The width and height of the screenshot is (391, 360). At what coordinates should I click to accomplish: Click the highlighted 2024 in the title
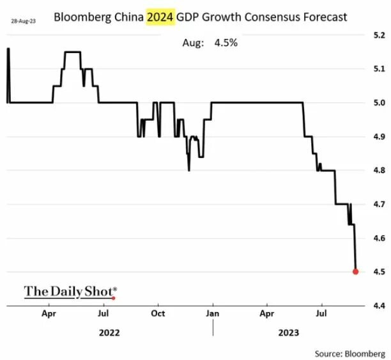tap(160, 17)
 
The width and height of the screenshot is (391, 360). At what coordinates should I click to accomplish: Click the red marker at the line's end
tap(356, 272)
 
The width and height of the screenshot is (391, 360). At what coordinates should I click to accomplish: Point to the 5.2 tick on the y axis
tap(378, 35)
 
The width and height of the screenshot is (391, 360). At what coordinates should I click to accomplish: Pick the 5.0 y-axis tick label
tap(378, 103)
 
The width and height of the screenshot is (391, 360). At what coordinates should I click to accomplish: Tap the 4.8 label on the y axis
tap(378, 171)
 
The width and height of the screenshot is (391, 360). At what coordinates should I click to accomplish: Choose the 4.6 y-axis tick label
tap(378, 239)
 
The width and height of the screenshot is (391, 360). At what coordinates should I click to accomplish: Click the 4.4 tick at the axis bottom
tap(378, 306)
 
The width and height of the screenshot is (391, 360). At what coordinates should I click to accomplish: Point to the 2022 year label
tap(109, 333)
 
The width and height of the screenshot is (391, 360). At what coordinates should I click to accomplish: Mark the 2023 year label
tap(288, 333)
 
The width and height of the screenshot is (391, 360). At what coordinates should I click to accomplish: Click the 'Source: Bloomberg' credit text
tap(350, 352)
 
